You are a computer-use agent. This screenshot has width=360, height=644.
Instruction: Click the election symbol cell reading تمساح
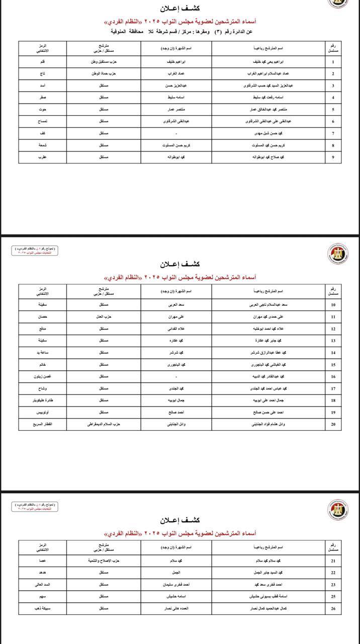click(x=43, y=121)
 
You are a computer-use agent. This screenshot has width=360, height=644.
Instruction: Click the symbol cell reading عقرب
click(x=43, y=157)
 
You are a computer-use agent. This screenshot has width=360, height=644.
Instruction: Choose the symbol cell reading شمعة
click(x=43, y=145)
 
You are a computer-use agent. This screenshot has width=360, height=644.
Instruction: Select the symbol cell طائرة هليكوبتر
click(x=43, y=400)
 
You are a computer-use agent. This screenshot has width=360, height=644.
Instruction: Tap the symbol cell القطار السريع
click(x=43, y=424)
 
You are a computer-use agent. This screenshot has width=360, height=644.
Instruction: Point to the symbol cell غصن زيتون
click(x=43, y=376)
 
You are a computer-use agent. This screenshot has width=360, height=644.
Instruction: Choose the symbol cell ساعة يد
click(x=43, y=353)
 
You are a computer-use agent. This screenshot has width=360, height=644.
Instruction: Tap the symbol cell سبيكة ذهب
click(x=43, y=608)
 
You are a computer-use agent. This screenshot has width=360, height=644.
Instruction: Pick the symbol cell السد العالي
click(x=43, y=585)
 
